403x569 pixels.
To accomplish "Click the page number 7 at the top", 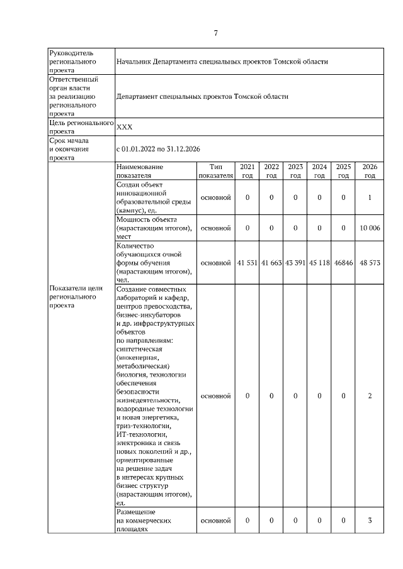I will (x=215, y=33).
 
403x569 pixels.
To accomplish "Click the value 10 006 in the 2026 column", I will (x=370, y=228).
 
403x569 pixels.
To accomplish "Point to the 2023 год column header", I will (x=295, y=171).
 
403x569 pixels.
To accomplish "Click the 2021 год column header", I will (x=247, y=171).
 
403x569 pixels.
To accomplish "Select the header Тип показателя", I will (x=215, y=171).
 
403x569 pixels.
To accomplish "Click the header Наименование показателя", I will (x=140, y=171).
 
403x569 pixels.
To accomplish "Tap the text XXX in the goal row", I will (x=125, y=127).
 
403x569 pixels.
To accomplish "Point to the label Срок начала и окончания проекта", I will (x=71, y=150).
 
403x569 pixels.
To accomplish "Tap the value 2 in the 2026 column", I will (x=370, y=395).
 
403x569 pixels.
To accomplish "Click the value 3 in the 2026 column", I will (x=370, y=521).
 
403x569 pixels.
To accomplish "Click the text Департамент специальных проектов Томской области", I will (x=203, y=97).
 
